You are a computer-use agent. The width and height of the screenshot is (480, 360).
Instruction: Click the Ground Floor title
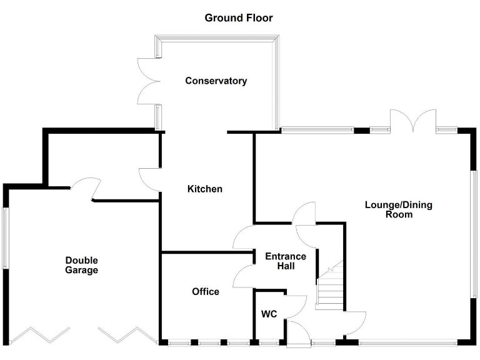pyautogui.click(x=239, y=17)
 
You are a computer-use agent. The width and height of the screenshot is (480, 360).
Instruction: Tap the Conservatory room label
pyautogui.click(x=216, y=81)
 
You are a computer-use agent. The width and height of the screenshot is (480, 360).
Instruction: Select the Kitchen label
pyautogui.click(x=205, y=189)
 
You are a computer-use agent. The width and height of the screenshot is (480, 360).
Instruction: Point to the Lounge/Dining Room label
pyautogui.click(x=399, y=209)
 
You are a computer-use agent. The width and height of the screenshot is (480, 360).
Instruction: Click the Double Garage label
pyautogui.click(x=82, y=265)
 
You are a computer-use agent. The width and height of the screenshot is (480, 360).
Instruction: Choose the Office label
pyautogui.click(x=206, y=291)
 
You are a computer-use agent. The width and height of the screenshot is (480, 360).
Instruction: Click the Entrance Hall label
pyautogui.click(x=286, y=261)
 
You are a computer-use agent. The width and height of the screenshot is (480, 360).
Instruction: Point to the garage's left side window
pyautogui.click(x=6, y=238)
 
